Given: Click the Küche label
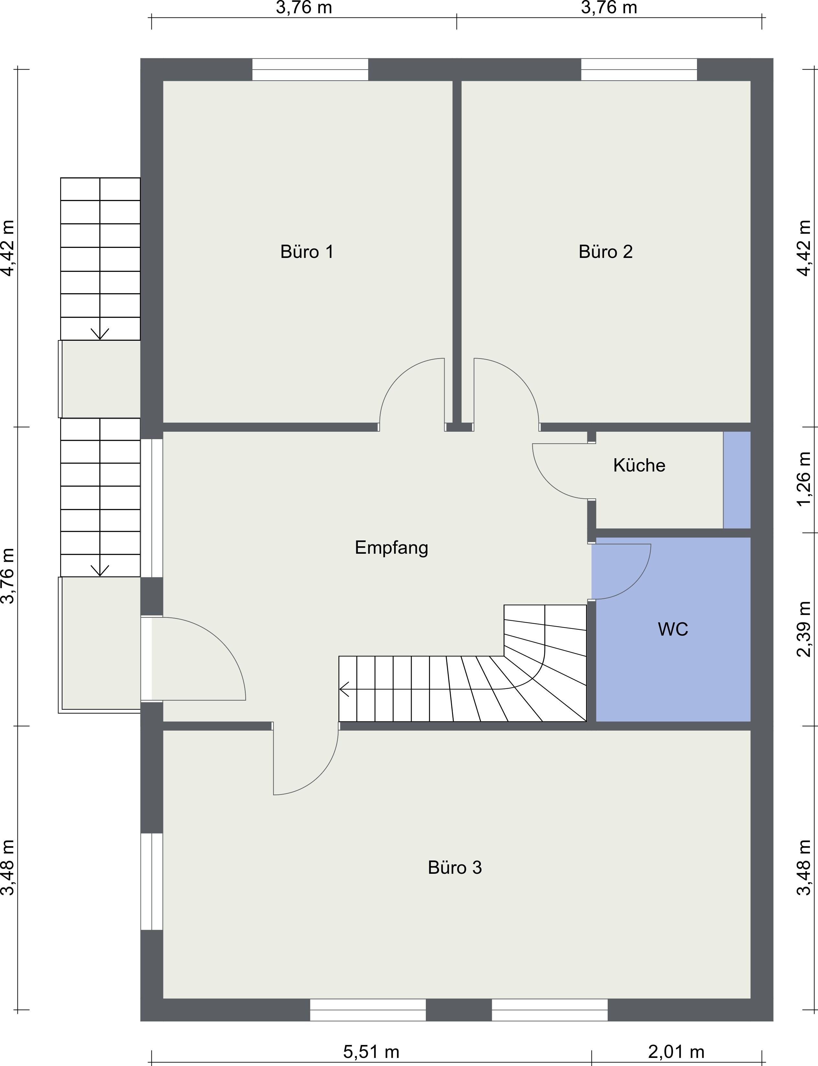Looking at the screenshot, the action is coord(639,465).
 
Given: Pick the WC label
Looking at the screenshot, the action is coord(673,629).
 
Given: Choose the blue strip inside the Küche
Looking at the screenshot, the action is coord(737,480).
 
